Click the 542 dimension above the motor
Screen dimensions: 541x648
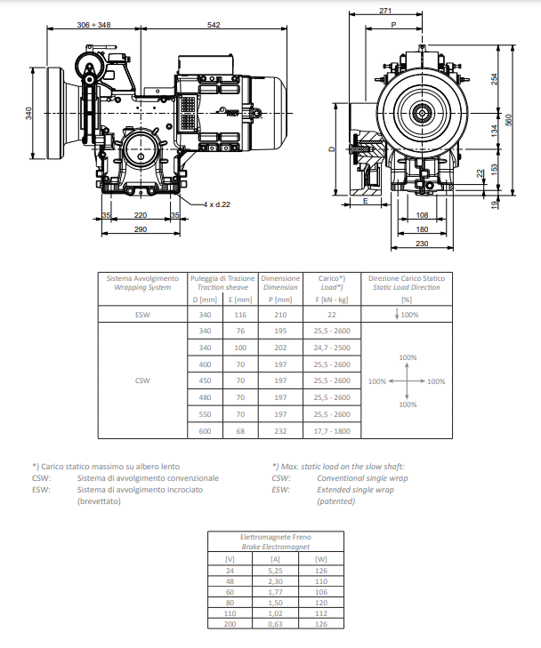214,25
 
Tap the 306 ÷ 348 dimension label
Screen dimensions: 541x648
94,25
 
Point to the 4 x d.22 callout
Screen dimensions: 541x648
217,204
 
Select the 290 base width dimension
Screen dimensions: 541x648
141,229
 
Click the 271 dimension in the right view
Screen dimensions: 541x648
385,11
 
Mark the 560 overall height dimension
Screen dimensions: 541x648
509,120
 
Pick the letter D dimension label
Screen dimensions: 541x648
332,149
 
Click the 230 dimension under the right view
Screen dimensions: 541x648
422,244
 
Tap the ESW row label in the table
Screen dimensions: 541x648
142,315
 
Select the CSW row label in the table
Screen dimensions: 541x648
142,380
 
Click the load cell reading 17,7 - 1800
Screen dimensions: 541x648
332,431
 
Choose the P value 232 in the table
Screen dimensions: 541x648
280,431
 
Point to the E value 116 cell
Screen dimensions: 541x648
240,315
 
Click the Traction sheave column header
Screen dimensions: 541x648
222,287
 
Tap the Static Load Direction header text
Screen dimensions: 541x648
407,287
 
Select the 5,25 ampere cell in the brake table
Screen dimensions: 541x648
275,571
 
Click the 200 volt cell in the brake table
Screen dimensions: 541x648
230,624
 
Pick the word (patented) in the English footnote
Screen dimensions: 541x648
335,501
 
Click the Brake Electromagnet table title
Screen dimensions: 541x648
276,547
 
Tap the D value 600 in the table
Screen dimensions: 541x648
205,431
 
